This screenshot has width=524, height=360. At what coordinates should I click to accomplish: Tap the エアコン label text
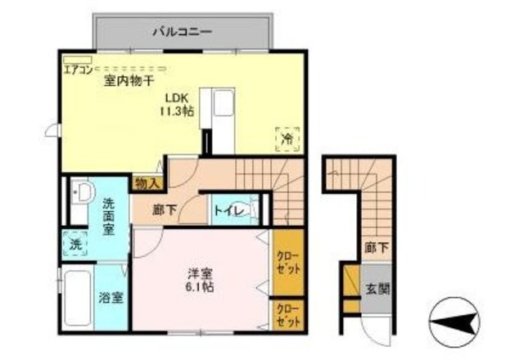(78, 69)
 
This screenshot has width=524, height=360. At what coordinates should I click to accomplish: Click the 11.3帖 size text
(177, 110)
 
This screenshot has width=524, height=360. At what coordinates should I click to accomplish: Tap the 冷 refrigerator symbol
(287, 139)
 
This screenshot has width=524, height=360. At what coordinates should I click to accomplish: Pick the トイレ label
(227, 210)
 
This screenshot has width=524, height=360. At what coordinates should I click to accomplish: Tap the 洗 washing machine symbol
(75, 243)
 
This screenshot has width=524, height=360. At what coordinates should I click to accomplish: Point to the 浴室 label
(112, 296)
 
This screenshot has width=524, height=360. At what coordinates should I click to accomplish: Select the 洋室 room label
(201, 272)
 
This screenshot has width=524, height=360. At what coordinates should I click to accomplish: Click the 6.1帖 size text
(201, 288)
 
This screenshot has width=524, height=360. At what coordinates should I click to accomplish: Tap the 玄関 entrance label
(377, 289)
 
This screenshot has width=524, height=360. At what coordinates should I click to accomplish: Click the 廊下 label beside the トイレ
(165, 210)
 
